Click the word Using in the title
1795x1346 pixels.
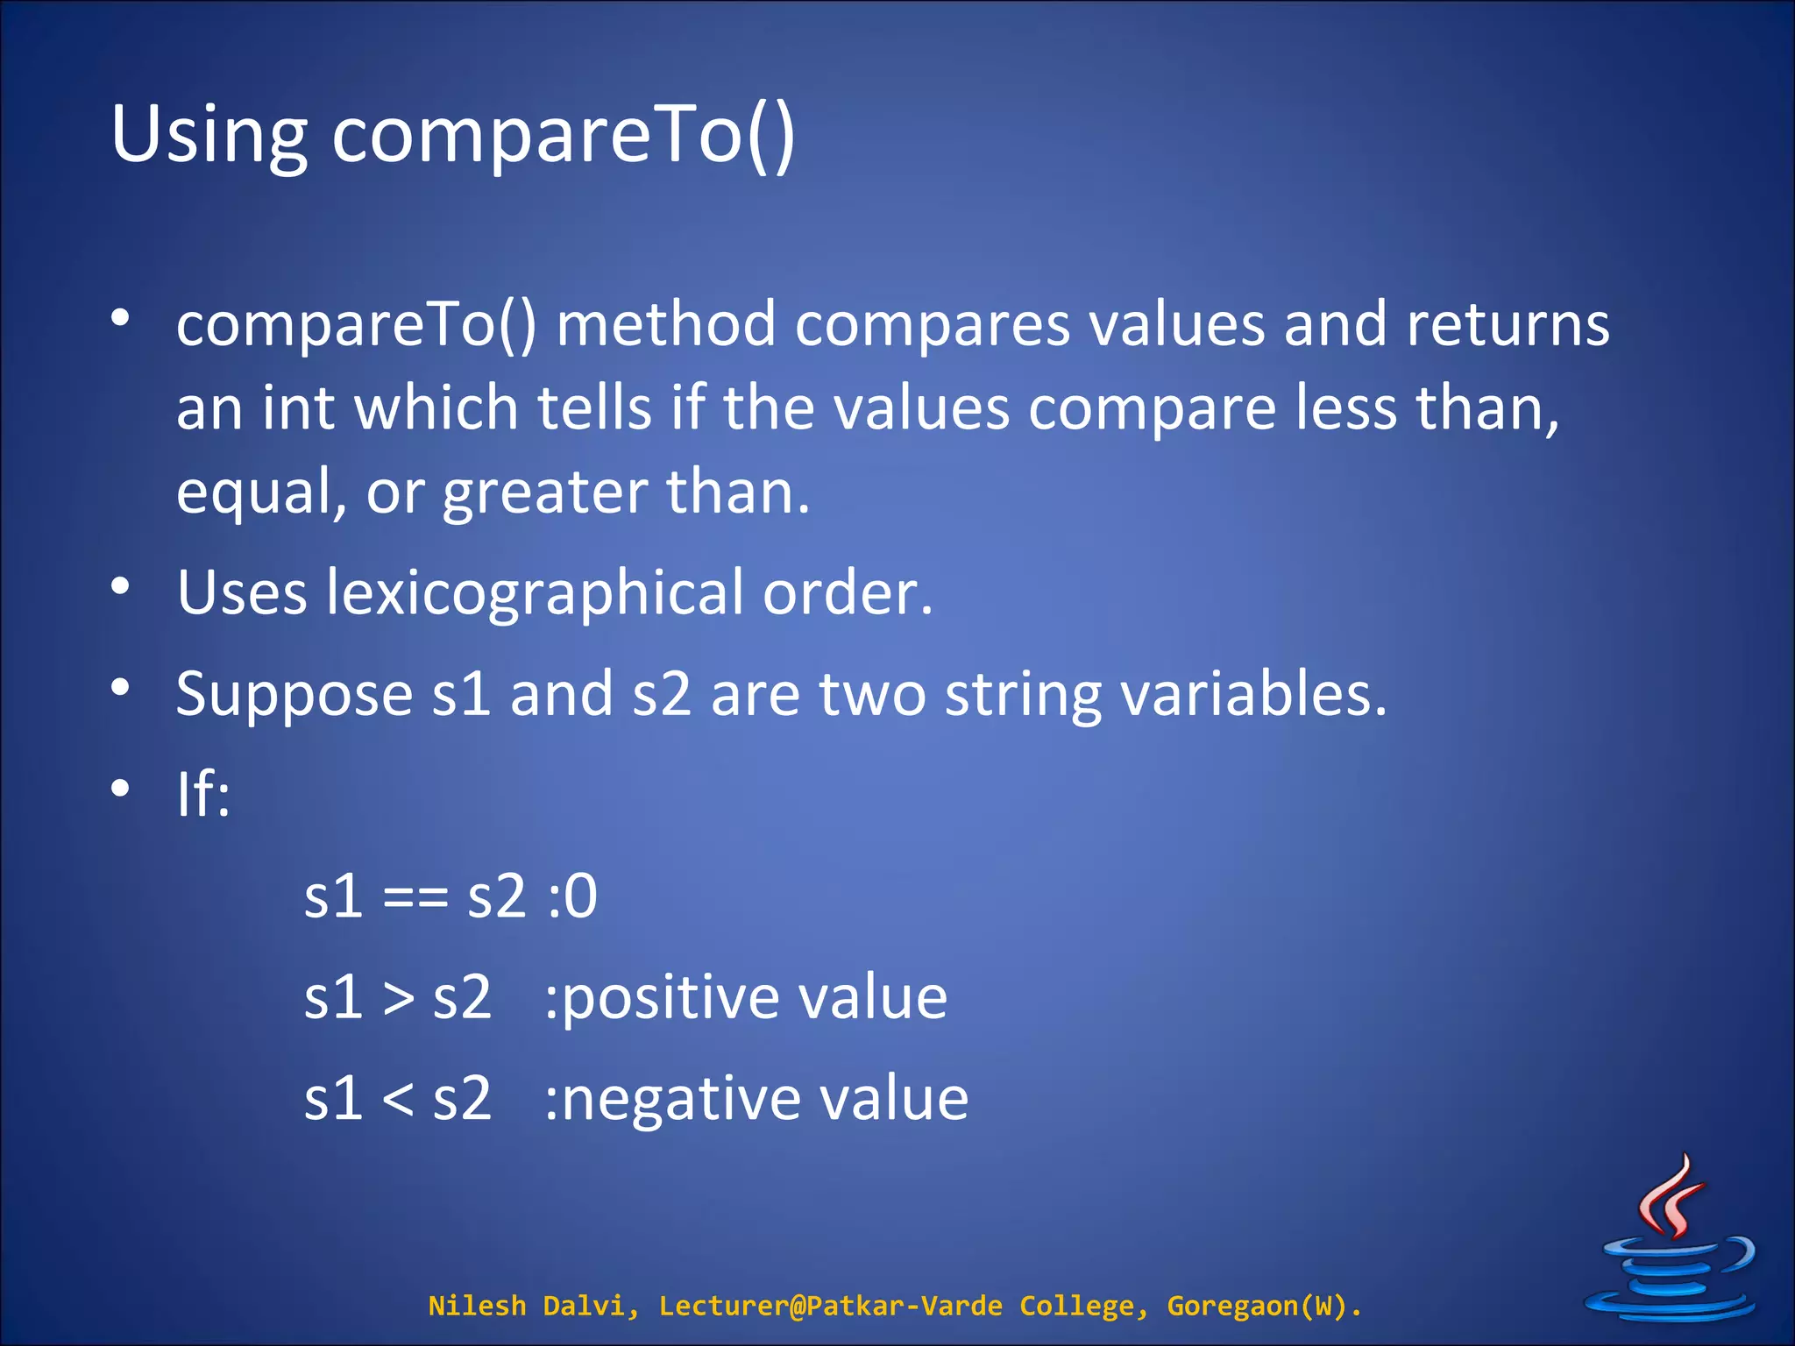pos(209,136)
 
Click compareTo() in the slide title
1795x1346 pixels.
pos(563,136)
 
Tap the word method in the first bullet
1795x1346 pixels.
pos(666,324)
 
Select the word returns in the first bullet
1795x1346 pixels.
pos(1508,324)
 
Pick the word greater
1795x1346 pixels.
pos(544,492)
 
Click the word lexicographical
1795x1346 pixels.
pos(535,593)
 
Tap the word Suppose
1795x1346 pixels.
pos(294,695)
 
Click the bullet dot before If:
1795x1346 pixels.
pos(121,789)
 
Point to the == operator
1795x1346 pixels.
pos(415,899)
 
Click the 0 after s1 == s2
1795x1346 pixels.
pos(580,897)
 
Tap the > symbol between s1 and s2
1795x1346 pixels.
pos(398,1000)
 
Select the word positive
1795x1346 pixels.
pos(670,1000)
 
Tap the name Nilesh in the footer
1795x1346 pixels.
pos(477,1306)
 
